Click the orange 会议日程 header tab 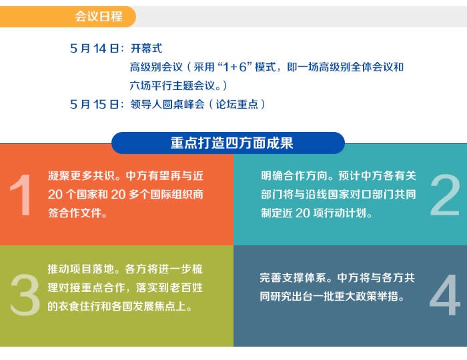68,17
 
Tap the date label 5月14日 95,49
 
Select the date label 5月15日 95,105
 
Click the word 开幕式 147,49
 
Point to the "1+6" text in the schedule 235,67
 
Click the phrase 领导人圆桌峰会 167,105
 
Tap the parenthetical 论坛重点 237,105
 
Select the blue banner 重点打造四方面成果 228,143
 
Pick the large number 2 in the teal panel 445,195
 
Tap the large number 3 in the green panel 25,295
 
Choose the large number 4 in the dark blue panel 445,295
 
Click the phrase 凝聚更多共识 81,176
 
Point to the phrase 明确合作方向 294,176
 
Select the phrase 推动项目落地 81,269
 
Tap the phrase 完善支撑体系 292,278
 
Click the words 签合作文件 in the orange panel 75,213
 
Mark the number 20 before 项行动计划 303,213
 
